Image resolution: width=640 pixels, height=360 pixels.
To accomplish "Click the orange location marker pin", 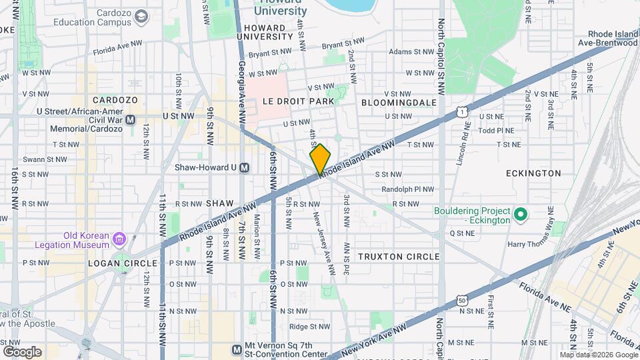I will (x=320, y=159).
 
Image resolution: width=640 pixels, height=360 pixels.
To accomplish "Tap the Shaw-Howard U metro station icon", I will (x=245, y=167).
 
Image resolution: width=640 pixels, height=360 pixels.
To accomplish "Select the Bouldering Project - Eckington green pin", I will (x=521, y=215).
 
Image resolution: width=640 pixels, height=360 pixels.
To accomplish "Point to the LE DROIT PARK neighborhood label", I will (x=297, y=101).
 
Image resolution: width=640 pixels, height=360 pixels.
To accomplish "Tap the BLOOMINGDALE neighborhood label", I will (x=399, y=103).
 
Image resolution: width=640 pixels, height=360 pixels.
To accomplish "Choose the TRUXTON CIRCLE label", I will (x=399, y=257).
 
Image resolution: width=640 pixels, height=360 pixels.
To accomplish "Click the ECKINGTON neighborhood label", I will (x=533, y=173).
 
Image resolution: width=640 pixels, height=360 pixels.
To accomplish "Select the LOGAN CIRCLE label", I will (x=122, y=263).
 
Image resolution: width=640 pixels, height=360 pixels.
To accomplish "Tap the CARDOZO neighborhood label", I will (x=115, y=100).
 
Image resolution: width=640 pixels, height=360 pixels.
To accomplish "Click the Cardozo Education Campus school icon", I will (x=141, y=15).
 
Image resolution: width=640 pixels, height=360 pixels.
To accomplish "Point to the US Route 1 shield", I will (x=461, y=113).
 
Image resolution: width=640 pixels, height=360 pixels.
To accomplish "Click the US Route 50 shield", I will (x=462, y=301).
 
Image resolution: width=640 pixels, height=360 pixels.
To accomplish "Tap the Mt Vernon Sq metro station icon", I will (x=236, y=349).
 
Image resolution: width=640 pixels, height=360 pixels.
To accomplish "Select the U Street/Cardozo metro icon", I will (x=131, y=120).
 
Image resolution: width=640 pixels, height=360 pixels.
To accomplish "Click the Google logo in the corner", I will (x=22, y=351).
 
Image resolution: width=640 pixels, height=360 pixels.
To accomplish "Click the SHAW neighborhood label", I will (x=220, y=203).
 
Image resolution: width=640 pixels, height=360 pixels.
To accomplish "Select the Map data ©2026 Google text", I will (x=598, y=355).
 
